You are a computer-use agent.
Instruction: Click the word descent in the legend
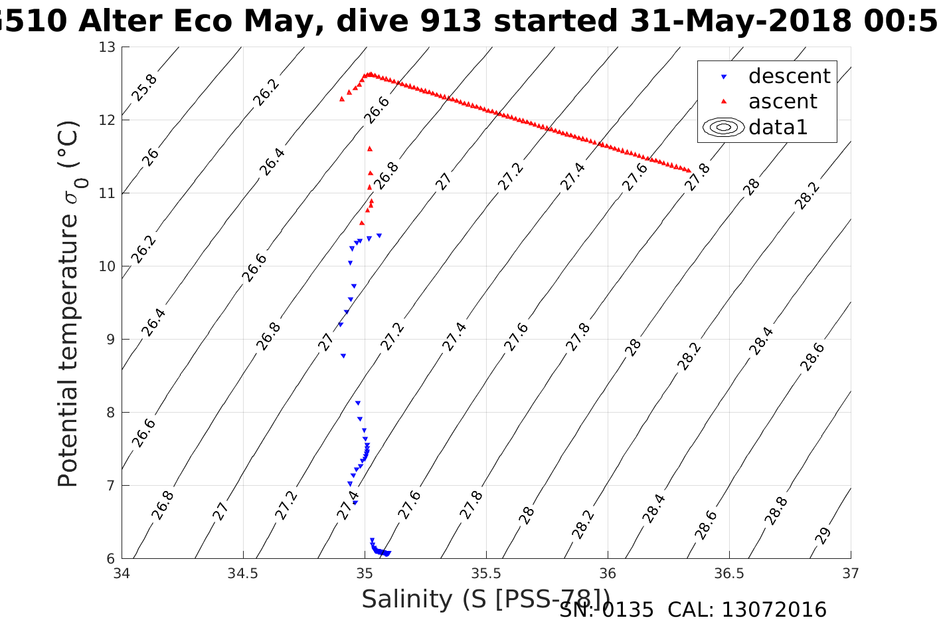point(789,76)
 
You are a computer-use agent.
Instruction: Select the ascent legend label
point(782,102)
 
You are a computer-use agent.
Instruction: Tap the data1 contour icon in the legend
point(723,127)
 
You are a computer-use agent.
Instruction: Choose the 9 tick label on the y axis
point(111,340)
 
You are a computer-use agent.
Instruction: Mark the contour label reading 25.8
point(144,88)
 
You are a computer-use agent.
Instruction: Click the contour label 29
point(823,536)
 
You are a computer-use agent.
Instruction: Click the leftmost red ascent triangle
point(341,98)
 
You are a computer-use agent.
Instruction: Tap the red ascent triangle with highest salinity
point(689,171)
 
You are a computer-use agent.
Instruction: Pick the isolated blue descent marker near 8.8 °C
point(343,356)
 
